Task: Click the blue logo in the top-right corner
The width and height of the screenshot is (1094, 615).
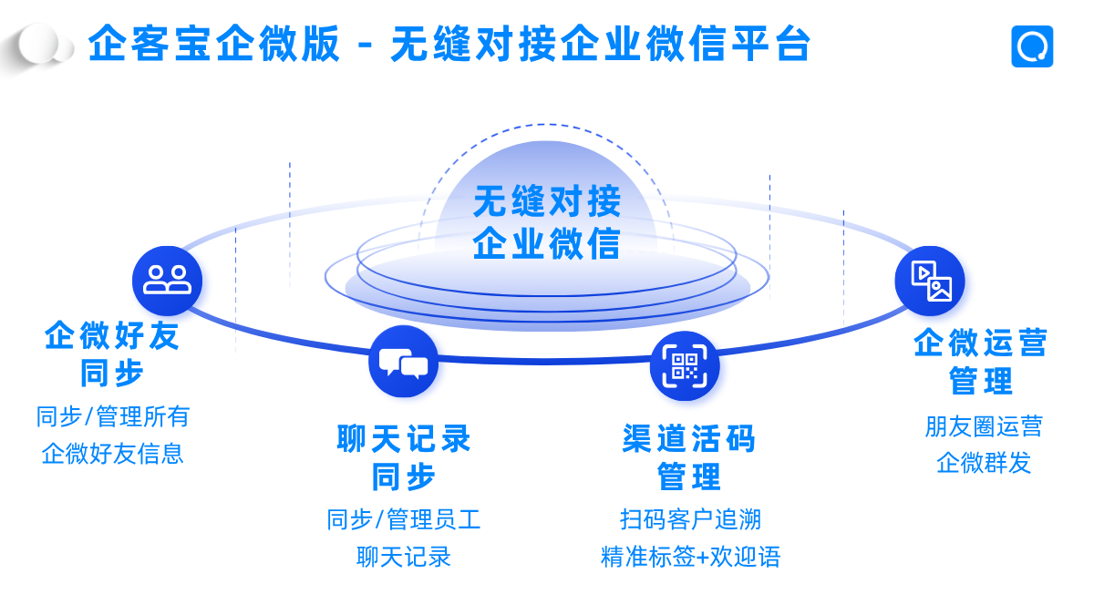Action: [x=1032, y=46]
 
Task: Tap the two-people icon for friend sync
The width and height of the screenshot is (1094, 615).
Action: [x=167, y=280]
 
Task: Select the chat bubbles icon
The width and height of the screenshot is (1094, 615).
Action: [x=403, y=362]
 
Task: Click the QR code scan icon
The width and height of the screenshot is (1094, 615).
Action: [x=685, y=366]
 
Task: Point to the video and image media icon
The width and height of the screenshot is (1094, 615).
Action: [x=930, y=281]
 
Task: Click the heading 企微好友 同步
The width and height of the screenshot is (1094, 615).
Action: [x=112, y=354]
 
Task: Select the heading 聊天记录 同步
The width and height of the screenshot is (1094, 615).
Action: [x=404, y=457]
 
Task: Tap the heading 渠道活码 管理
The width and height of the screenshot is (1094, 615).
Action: [x=689, y=457]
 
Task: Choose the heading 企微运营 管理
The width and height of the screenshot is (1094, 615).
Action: [x=981, y=361]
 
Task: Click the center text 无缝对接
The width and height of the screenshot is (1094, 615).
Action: [x=547, y=201]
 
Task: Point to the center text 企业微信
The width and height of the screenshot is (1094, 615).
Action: [x=547, y=243]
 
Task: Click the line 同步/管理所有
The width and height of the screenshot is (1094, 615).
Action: [x=113, y=416]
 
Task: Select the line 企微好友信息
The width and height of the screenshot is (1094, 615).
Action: [x=113, y=453]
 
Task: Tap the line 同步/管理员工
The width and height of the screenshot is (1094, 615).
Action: [x=404, y=519]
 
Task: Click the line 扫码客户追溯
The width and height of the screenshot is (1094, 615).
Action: [x=690, y=519]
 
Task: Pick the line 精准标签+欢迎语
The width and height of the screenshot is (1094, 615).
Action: [x=690, y=557]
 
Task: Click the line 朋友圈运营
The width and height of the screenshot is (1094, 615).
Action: [x=983, y=425]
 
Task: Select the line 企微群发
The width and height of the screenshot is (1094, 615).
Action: [x=983, y=463]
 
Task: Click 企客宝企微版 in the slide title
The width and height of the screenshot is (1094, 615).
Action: [x=215, y=44]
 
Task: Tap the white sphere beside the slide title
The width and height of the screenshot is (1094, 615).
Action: [x=40, y=44]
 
